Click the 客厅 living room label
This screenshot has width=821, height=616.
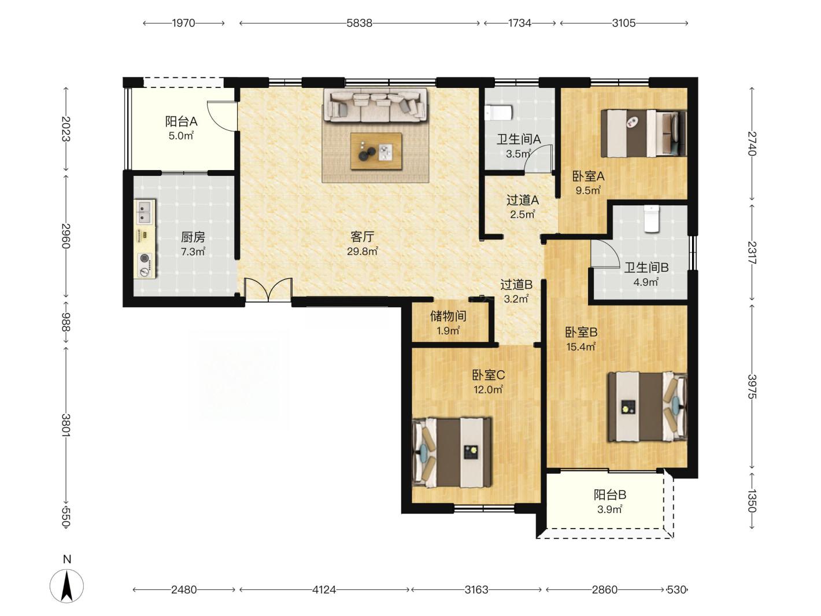(362, 237)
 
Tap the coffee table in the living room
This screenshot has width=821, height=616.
(376, 152)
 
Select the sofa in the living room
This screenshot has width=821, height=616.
(375, 105)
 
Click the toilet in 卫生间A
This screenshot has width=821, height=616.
(498, 113)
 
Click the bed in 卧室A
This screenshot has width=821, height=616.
(644, 133)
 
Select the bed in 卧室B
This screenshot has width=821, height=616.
(648, 407)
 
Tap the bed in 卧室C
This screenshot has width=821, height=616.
(452, 452)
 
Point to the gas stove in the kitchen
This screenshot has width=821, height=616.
(145, 265)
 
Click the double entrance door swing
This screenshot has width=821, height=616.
(268, 289)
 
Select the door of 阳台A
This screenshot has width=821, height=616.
(223, 116)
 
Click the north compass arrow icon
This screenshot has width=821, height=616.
(66, 587)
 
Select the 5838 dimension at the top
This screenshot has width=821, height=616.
(360, 23)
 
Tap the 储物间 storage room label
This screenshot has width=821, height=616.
(448, 316)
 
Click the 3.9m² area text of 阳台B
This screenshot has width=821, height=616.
(610, 510)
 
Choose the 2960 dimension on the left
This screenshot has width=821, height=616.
(66, 235)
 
